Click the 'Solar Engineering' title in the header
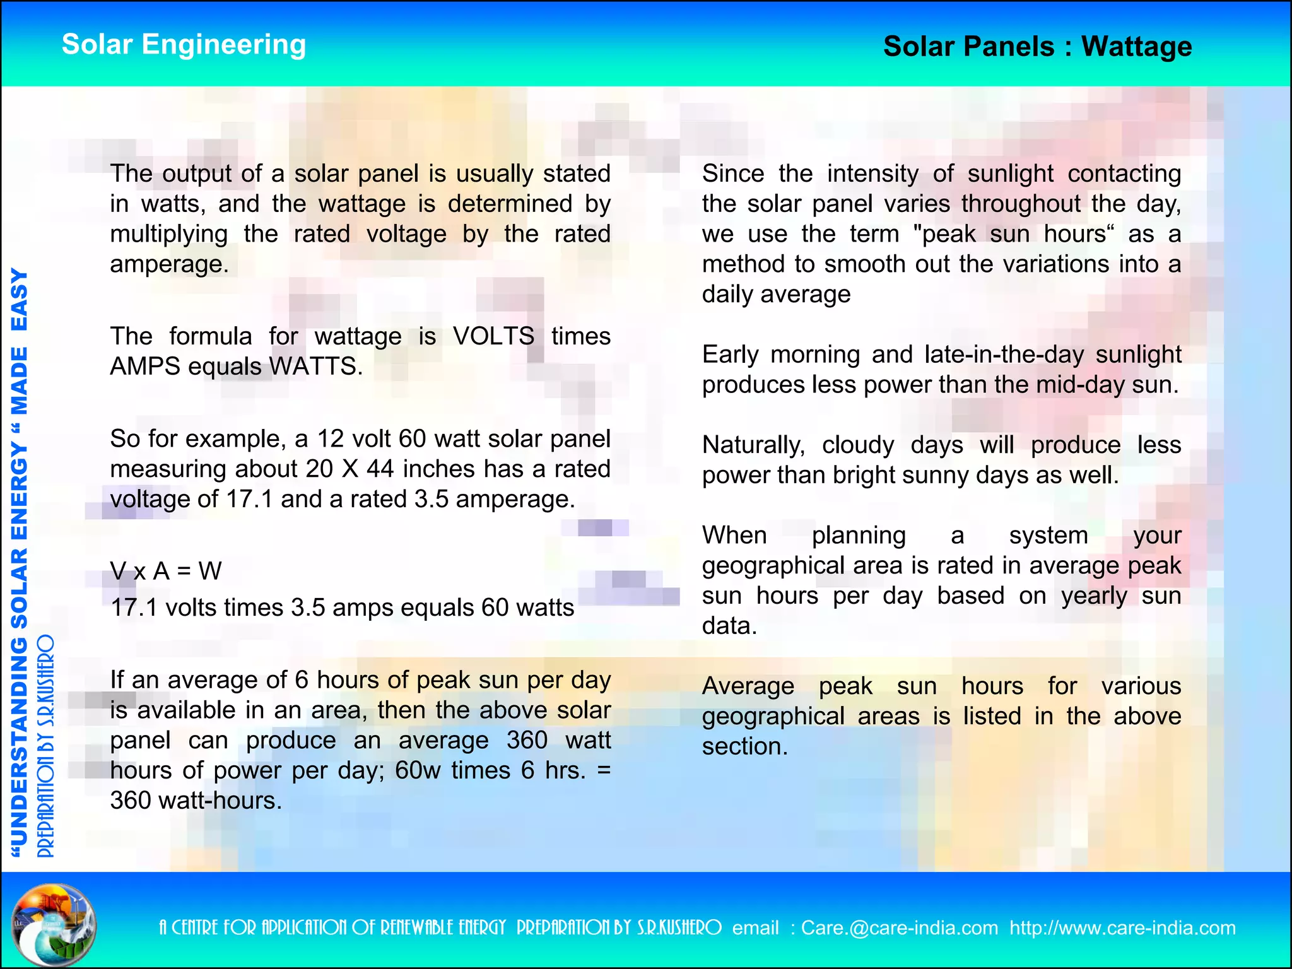coord(184,45)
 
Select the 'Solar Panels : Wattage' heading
coord(1037,47)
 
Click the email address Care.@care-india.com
coord(900,928)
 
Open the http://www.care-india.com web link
coord(1122,928)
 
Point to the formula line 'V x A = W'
coord(166,572)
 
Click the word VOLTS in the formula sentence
coord(493,336)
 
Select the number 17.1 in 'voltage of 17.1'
coord(249,499)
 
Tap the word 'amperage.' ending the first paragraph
coord(169,264)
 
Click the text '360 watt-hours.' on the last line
coord(196,801)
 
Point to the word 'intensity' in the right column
coord(872,173)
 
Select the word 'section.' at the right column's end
coord(745,747)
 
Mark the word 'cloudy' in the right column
coord(858,445)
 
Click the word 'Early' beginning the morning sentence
coord(730,355)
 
